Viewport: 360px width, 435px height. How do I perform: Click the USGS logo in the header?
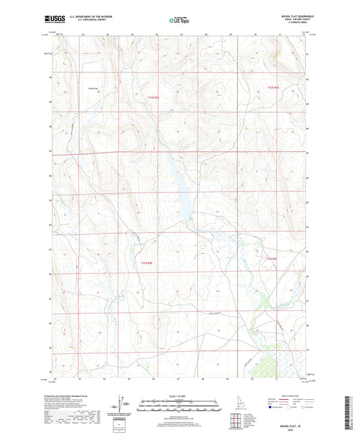click(x=51, y=19)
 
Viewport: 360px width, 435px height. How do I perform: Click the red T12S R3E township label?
click(x=272, y=88)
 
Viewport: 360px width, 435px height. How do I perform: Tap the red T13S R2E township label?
click(x=147, y=263)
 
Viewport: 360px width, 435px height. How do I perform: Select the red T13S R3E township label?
click(x=272, y=258)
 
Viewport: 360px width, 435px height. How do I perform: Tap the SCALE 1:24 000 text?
click(x=180, y=396)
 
